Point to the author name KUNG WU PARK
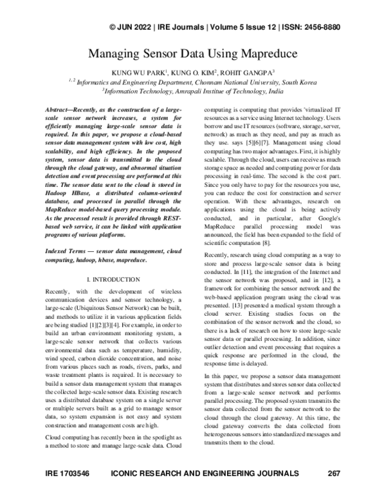click(138, 73)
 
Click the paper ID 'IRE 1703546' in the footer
click(68, 474)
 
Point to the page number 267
click(333, 474)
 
